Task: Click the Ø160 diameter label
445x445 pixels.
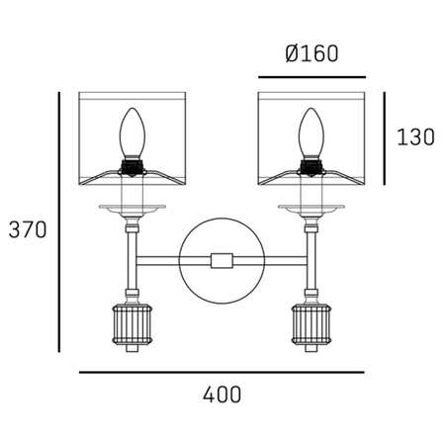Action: [311, 53]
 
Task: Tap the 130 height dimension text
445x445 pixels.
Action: [414, 137]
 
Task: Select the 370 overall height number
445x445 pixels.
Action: [28, 229]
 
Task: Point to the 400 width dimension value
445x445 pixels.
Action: [222, 394]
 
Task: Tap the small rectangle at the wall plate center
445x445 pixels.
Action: [222, 260]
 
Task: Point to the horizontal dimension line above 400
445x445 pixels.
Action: [222, 372]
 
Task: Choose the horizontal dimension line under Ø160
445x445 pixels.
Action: [311, 75]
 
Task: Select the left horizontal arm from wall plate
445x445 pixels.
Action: [158, 260]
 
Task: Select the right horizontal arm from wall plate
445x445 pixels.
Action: [272, 260]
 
